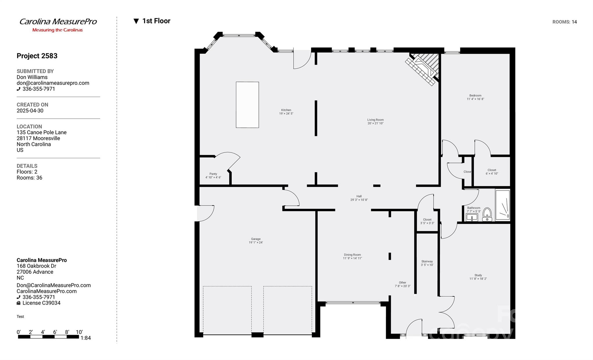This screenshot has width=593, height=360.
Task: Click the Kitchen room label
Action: pyautogui.click(x=286, y=110)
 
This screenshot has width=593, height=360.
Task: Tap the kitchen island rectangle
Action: pyautogui.click(x=247, y=105)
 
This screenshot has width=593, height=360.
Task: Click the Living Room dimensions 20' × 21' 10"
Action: pyautogui.click(x=375, y=123)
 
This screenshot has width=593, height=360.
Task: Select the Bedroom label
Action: pyautogui.click(x=475, y=96)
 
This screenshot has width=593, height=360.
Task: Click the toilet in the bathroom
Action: pyautogui.click(x=487, y=214)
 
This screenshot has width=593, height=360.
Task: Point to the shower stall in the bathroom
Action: pyautogui.click(x=503, y=205)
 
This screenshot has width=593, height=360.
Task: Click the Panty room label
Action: pyautogui.click(x=213, y=174)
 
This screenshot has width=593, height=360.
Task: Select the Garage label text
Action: pyautogui.click(x=256, y=239)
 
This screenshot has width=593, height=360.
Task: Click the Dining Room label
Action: pyautogui.click(x=352, y=255)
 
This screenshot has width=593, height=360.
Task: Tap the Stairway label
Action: pyautogui.click(x=427, y=261)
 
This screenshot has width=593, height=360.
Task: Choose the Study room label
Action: pyautogui.click(x=478, y=275)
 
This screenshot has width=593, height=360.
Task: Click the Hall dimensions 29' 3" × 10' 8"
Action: pyautogui.click(x=359, y=200)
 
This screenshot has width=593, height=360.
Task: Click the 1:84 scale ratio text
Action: pyautogui.click(x=85, y=338)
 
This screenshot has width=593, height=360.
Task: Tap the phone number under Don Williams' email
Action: pyautogui.click(x=39, y=89)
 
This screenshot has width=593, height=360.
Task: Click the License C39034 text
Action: pyautogui.click(x=41, y=303)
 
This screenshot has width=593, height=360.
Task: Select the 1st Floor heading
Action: pyautogui.click(x=156, y=21)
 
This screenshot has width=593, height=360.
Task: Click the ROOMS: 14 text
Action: pyautogui.click(x=564, y=22)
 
